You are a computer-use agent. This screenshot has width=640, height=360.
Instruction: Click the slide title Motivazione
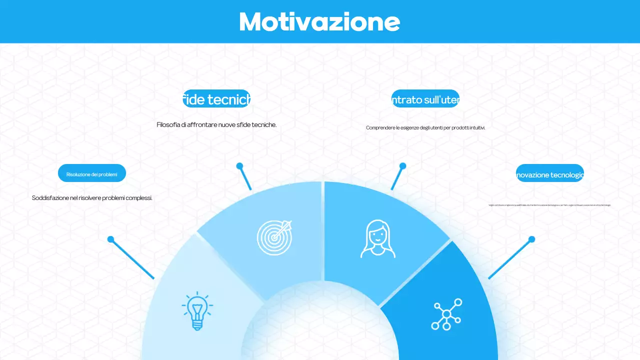[x=319, y=21]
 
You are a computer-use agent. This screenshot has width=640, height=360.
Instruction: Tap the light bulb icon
[x=197, y=310]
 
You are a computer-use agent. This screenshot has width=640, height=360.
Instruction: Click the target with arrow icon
[x=274, y=237]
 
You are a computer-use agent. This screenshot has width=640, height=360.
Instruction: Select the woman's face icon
[x=378, y=239]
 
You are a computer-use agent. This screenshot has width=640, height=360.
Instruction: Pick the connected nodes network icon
[x=446, y=314]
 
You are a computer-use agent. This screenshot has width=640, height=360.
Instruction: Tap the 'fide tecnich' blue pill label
[x=216, y=99]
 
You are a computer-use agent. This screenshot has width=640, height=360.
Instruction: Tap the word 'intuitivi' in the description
[x=477, y=128]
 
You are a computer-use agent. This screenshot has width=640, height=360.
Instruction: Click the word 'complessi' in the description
[x=139, y=198]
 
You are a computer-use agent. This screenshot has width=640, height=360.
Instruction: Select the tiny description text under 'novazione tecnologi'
[x=549, y=205]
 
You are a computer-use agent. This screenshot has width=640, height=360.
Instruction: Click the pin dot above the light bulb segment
[x=110, y=239]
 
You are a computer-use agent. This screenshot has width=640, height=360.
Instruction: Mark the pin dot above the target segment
[x=239, y=165]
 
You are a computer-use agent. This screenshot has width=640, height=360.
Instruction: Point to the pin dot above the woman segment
[x=402, y=165]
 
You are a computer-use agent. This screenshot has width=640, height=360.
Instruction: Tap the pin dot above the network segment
[x=531, y=239]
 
